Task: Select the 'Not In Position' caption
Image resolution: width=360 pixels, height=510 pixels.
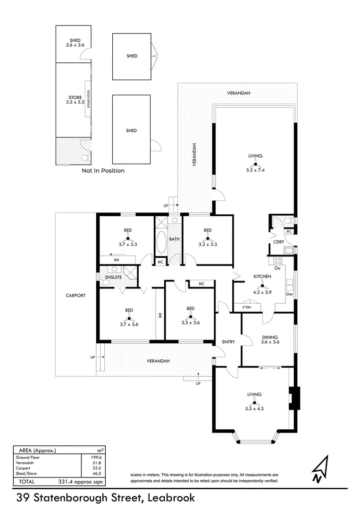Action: click(103, 170)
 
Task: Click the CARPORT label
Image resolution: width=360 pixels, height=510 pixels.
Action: click(75, 295)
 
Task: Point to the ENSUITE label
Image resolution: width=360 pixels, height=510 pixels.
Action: click(113, 277)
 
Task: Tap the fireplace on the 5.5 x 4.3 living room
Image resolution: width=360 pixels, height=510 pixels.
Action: click(294, 398)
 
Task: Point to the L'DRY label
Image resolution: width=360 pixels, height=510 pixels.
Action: click(278, 242)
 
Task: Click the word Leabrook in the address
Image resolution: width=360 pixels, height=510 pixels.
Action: click(171, 497)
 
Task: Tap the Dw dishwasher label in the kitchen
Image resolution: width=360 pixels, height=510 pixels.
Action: click(289, 294)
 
